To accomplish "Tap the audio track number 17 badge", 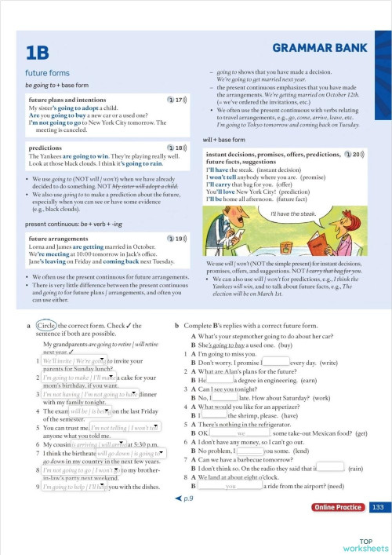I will coord(176,100).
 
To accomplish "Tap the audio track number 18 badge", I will coord(176,148).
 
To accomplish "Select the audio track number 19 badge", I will coord(176,238).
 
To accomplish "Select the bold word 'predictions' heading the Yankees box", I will coord(45,147).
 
